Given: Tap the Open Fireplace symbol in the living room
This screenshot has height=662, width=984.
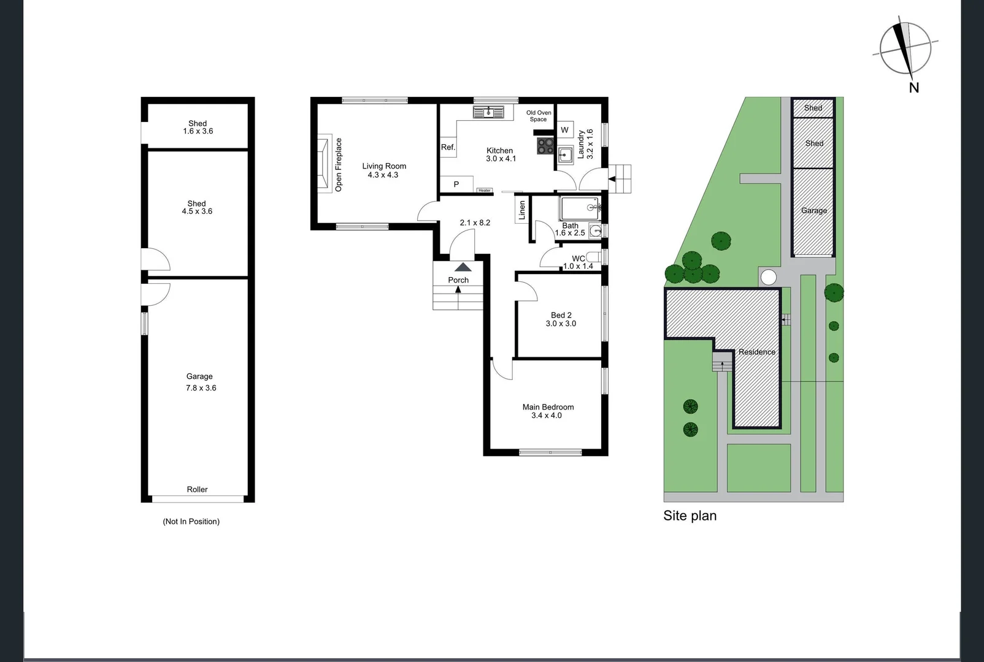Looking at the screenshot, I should (x=323, y=164).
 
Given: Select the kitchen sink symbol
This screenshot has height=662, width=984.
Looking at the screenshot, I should (x=488, y=112).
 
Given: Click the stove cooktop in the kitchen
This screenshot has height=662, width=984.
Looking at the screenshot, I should (x=545, y=146).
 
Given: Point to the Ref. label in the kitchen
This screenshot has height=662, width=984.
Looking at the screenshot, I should (x=448, y=148).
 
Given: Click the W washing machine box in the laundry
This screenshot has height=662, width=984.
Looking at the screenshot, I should (x=565, y=130).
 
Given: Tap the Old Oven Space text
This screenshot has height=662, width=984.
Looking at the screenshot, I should (x=539, y=116).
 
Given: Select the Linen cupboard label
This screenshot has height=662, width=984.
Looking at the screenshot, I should (x=522, y=210).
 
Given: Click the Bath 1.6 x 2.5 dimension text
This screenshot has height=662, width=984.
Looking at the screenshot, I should (x=570, y=233).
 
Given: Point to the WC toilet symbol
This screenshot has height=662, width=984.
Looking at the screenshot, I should (x=594, y=257).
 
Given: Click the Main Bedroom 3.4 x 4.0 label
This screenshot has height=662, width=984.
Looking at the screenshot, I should (x=547, y=411).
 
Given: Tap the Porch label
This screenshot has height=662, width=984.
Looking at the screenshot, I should (x=458, y=280).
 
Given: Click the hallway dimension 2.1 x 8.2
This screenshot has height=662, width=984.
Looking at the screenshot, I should (x=475, y=223).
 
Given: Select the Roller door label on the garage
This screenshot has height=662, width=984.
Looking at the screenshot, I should (x=197, y=489).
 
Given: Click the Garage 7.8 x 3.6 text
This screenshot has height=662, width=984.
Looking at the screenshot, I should (x=201, y=382).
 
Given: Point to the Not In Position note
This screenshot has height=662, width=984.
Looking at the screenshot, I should (x=191, y=522).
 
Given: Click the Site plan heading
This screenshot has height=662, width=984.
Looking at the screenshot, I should (x=690, y=516).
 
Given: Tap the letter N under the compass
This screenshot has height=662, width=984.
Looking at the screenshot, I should (x=913, y=88).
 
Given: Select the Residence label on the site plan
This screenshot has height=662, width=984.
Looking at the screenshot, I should (x=756, y=352).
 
